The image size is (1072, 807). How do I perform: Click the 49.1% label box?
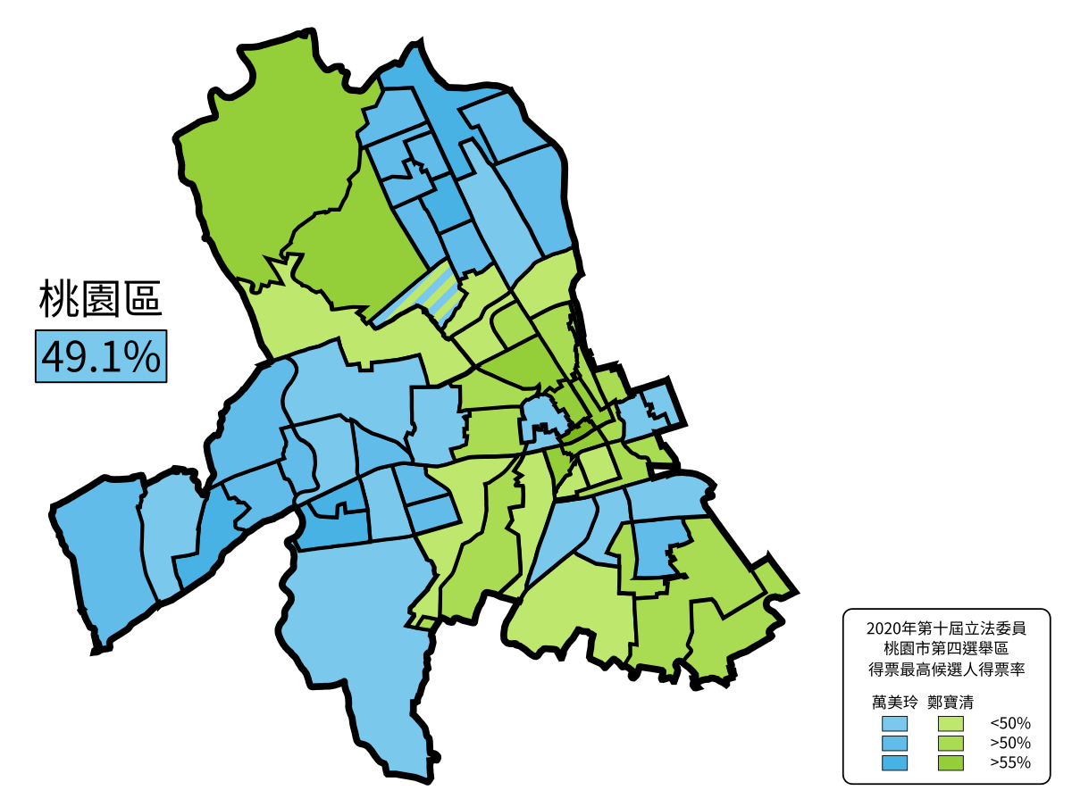101,356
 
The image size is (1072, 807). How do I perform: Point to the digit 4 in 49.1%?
54,357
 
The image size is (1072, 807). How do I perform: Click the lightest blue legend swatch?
894,723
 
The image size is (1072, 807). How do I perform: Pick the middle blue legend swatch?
894,743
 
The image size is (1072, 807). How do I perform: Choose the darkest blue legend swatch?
894,763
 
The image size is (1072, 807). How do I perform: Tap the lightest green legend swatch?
951,723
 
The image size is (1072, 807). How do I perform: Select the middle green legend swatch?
951,743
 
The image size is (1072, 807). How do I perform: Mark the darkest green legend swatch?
951,763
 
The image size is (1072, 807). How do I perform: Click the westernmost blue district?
103,553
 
